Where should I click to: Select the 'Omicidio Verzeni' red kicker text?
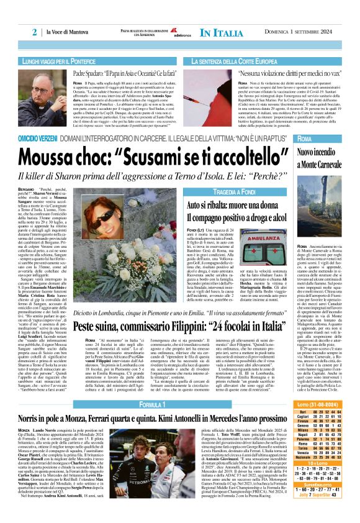[x=40, y=138]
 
